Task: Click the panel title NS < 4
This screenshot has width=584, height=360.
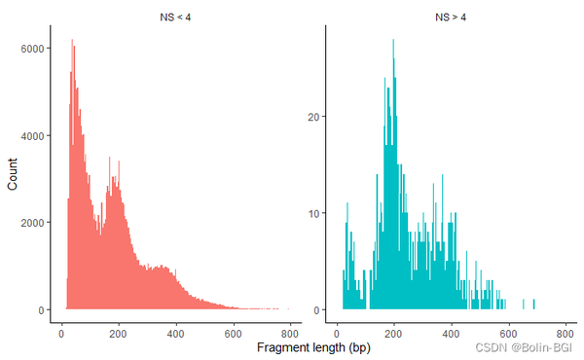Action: coord(175,17)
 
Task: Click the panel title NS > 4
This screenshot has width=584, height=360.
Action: coord(450,17)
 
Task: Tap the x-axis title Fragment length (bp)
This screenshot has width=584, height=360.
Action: coord(312,346)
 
